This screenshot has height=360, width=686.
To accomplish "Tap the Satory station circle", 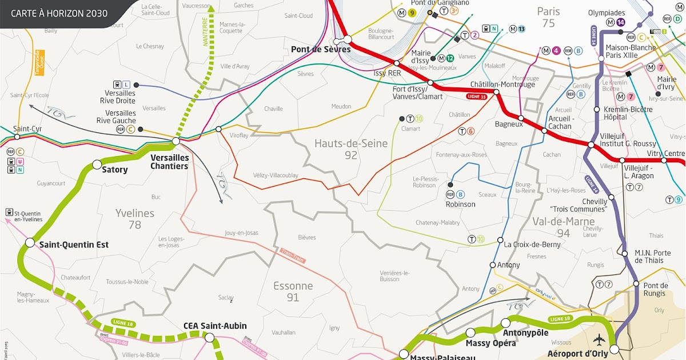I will click(97, 165).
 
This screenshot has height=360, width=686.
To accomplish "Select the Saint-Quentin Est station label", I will click(74, 245).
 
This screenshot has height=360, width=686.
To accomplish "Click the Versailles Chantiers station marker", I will click(176, 141).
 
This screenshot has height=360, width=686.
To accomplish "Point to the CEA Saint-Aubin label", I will click(215, 326).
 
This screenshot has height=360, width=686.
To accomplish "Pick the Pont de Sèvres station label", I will click(320, 49).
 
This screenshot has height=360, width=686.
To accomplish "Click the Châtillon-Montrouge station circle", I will click(496, 92).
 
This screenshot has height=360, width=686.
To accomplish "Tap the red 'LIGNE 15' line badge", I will click(476, 96).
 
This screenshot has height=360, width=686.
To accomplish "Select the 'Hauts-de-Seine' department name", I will click(351, 143).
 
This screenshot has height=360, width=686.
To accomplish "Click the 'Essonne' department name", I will click(293, 286).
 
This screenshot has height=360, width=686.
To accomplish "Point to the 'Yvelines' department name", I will click(135, 213).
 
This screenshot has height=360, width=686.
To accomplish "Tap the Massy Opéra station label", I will click(490, 343).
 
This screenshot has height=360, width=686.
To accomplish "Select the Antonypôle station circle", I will click(505, 323).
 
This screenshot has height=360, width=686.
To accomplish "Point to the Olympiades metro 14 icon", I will click(621, 23).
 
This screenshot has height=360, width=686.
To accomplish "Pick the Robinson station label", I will click(460, 204).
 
